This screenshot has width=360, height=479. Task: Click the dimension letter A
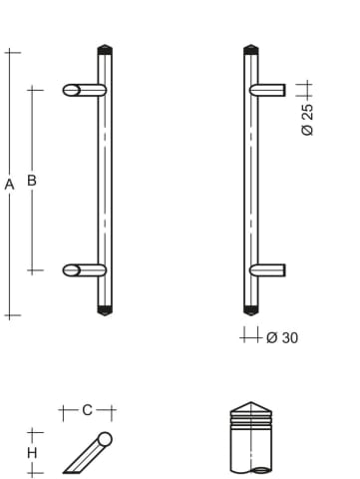9,184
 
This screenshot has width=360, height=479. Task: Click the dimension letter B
32,180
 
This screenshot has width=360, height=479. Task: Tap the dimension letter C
87,410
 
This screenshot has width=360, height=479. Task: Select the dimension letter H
32,453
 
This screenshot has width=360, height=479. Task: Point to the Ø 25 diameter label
307,120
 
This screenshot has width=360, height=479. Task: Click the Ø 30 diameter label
282,338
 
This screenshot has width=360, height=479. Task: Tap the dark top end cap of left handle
105,50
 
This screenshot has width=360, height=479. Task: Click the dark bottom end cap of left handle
105,310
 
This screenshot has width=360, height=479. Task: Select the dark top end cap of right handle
251,50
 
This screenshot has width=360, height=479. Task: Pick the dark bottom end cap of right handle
251,310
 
